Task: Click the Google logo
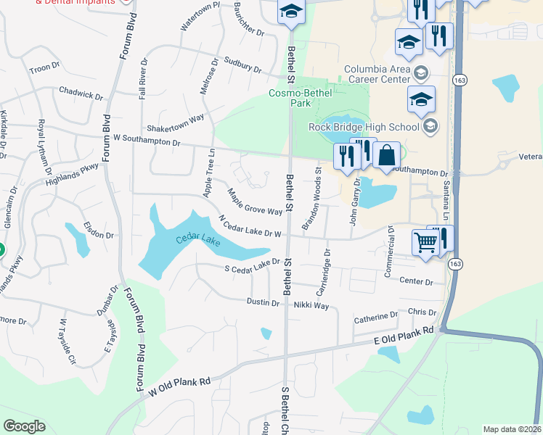[24, 426]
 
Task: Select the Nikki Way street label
[311, 306]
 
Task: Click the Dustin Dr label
[263, 302]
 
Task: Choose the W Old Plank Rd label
[179, 385]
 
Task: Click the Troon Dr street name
[44, 68]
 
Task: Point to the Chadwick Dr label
[81, 94]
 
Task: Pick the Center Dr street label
[416, 281]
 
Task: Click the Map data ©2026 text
[512, 429]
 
